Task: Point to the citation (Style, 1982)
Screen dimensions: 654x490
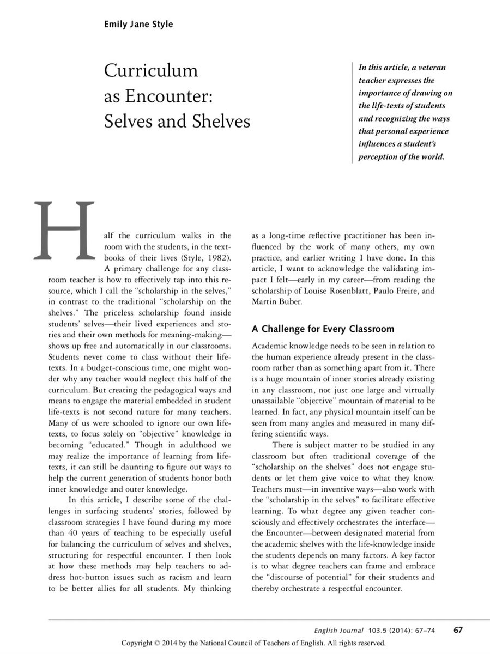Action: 205,257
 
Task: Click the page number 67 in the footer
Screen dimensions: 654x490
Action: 458,630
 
